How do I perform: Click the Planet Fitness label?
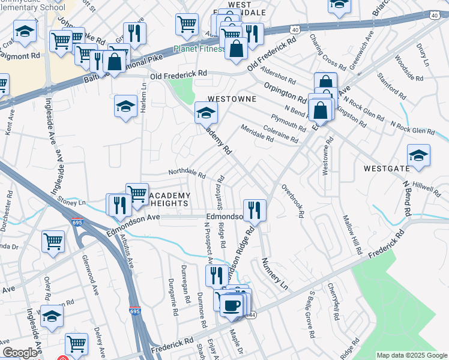[197, 49]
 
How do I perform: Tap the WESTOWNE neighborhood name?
[232, 98]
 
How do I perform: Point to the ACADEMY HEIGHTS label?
[169, 200]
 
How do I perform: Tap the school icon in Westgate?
[418, 155]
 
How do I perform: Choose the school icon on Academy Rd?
[205, 112]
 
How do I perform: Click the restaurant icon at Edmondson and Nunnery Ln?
[255, 210]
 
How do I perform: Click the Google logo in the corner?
[19, 353]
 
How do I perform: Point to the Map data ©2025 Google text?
[411, 355]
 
